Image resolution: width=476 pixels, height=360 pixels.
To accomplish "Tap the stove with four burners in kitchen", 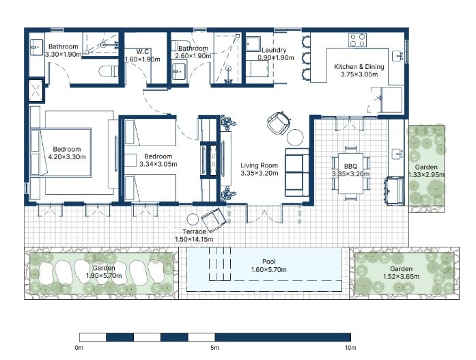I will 358,39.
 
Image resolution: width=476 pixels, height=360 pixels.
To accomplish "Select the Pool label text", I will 268,262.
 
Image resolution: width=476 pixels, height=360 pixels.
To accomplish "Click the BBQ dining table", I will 349,174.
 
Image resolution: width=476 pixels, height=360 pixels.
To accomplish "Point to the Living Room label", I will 259,165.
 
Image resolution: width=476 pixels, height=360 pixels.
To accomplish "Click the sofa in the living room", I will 297,174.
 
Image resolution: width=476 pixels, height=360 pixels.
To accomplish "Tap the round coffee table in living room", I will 295,137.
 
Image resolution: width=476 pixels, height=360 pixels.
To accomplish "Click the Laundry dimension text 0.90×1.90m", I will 275,58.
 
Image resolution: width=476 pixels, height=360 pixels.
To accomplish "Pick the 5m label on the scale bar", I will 214,348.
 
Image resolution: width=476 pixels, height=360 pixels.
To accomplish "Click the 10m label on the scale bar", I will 350,348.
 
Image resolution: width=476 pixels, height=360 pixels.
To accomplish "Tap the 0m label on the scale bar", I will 79,348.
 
